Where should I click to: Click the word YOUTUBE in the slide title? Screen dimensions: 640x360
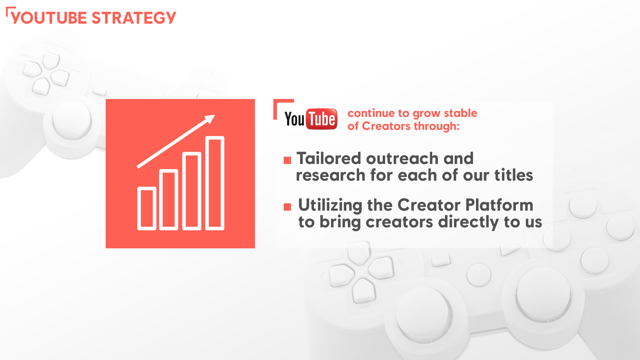49,18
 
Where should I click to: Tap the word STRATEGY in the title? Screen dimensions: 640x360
134,18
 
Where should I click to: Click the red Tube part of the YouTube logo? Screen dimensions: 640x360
322,119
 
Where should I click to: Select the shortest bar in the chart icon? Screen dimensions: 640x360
147,208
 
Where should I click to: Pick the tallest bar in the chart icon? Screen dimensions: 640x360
215,183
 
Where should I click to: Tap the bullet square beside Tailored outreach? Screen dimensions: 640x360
287,161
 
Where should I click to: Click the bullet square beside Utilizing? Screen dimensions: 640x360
287,207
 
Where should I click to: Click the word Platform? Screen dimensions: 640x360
499,205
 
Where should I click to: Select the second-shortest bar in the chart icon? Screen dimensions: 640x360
169,200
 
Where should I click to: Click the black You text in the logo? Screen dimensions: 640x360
294,119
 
